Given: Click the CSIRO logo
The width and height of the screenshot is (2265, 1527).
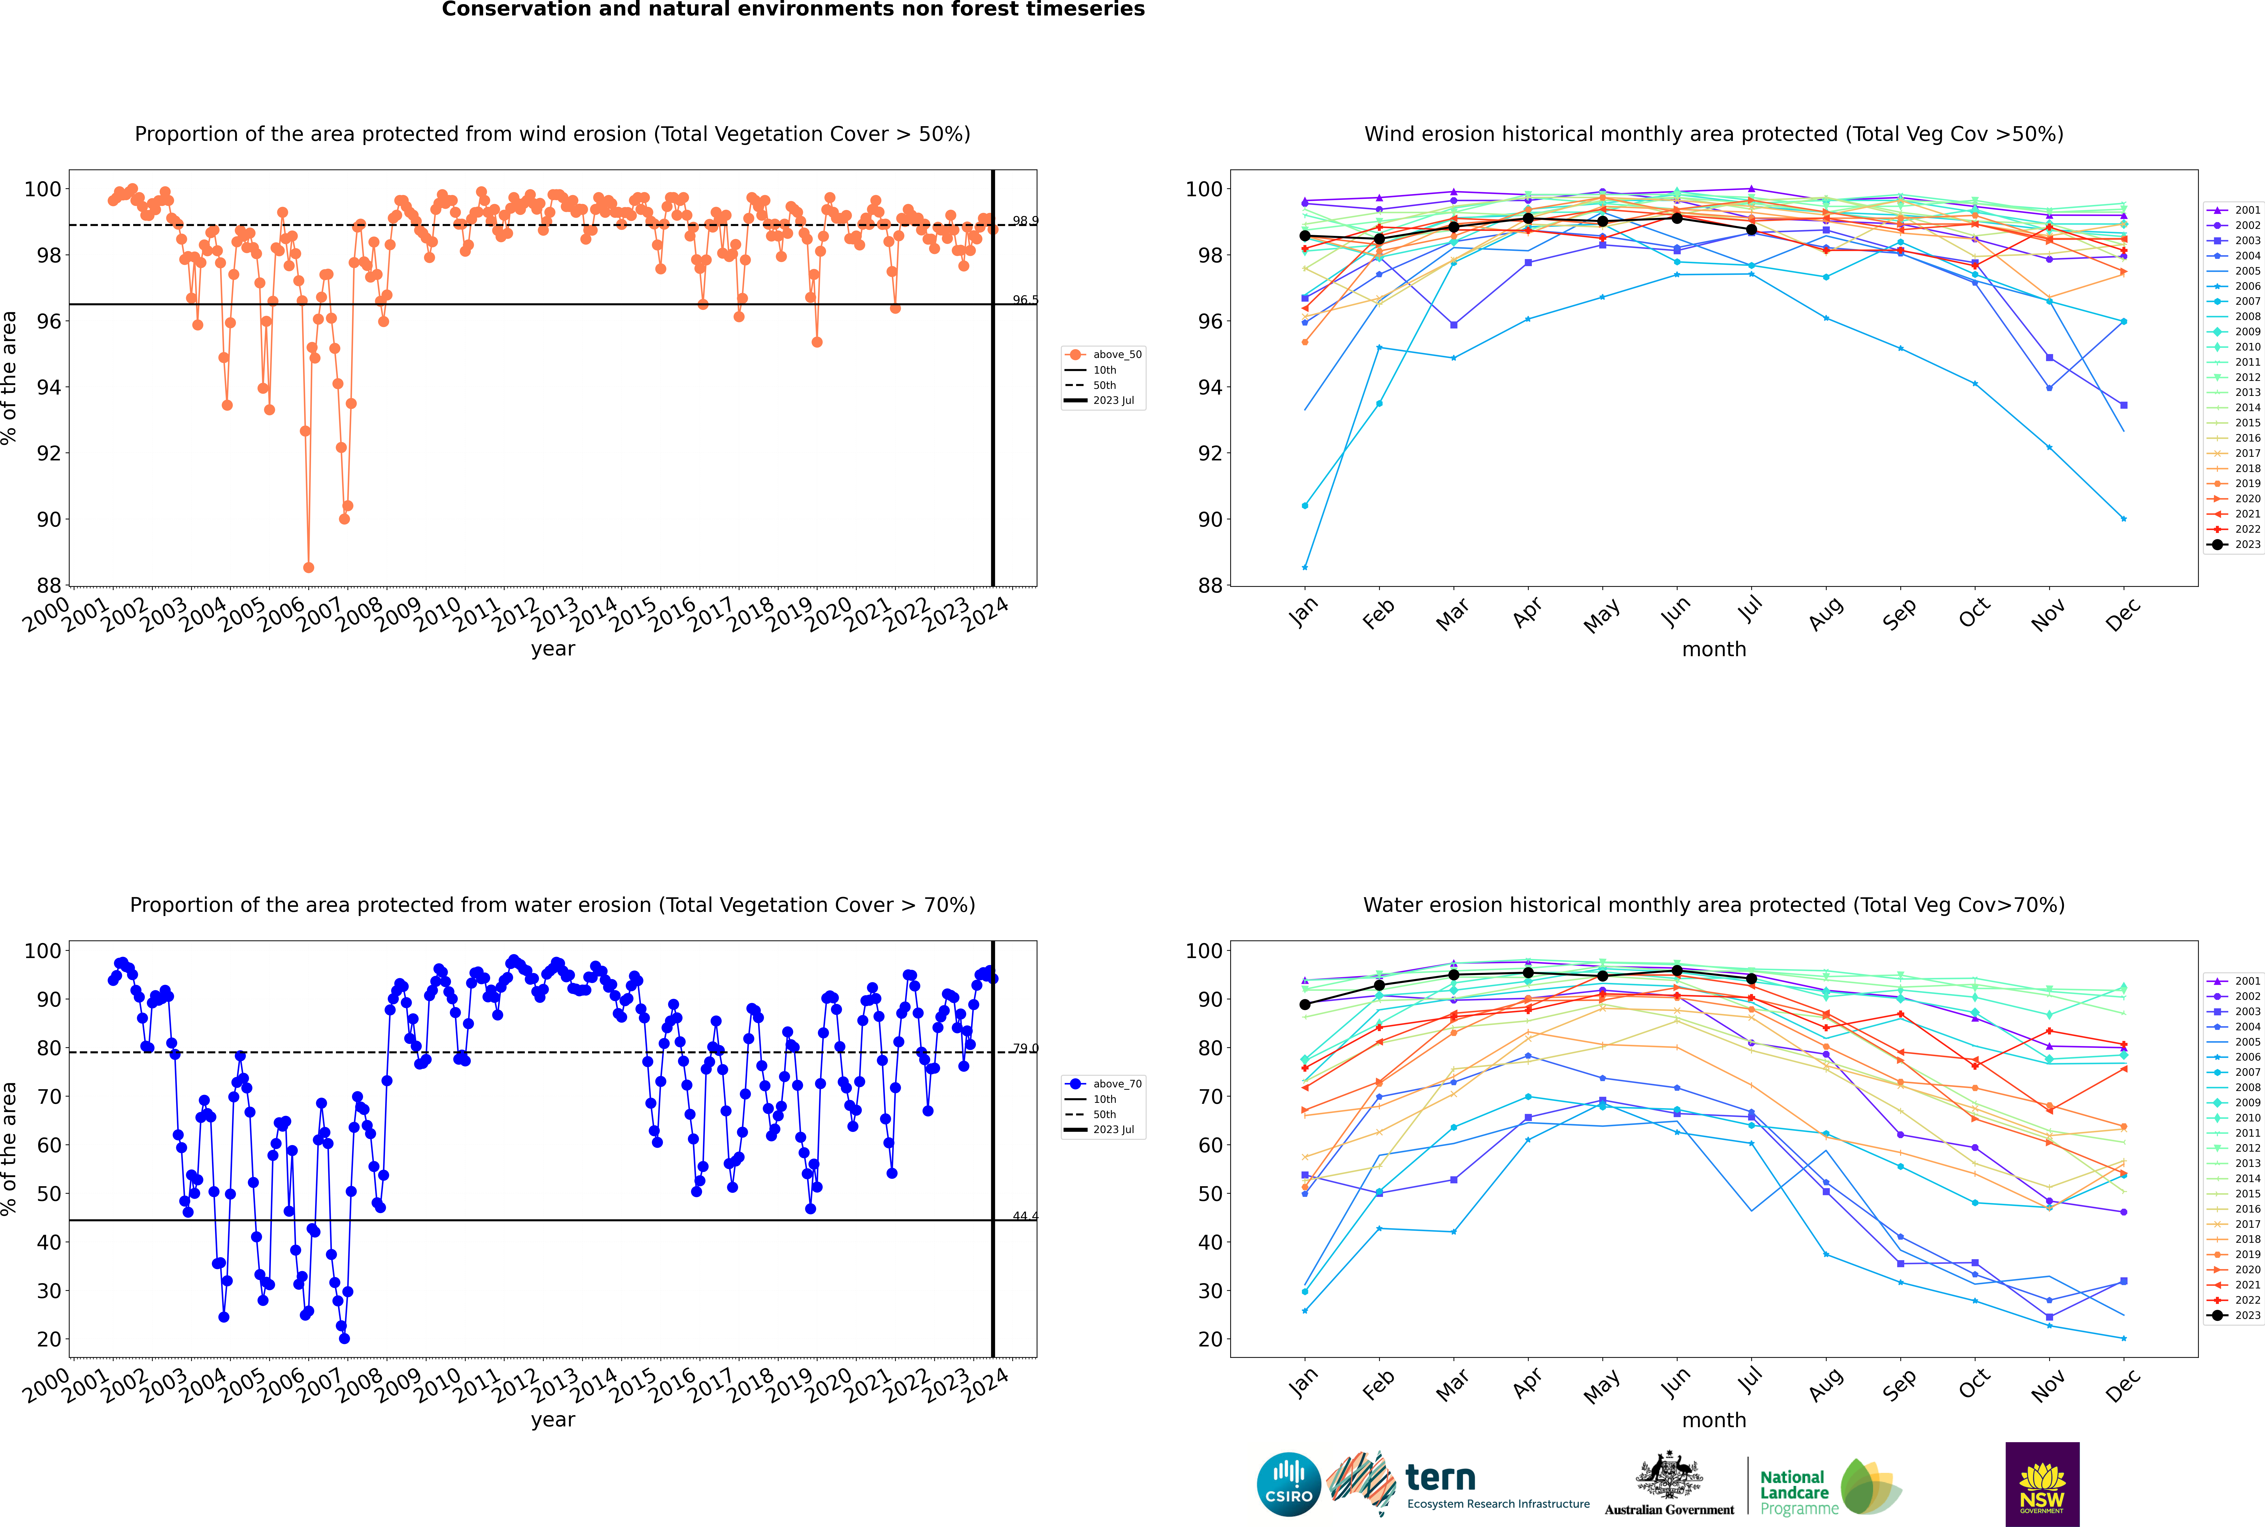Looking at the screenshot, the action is (x=1288, y=1484).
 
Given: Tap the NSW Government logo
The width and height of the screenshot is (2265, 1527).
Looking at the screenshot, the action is (x=2042, y=1483).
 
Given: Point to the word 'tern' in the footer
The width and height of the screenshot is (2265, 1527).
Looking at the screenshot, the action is (x=1440, y=1478).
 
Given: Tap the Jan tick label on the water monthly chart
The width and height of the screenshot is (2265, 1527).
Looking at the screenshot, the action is (x=1304, y=1383).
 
